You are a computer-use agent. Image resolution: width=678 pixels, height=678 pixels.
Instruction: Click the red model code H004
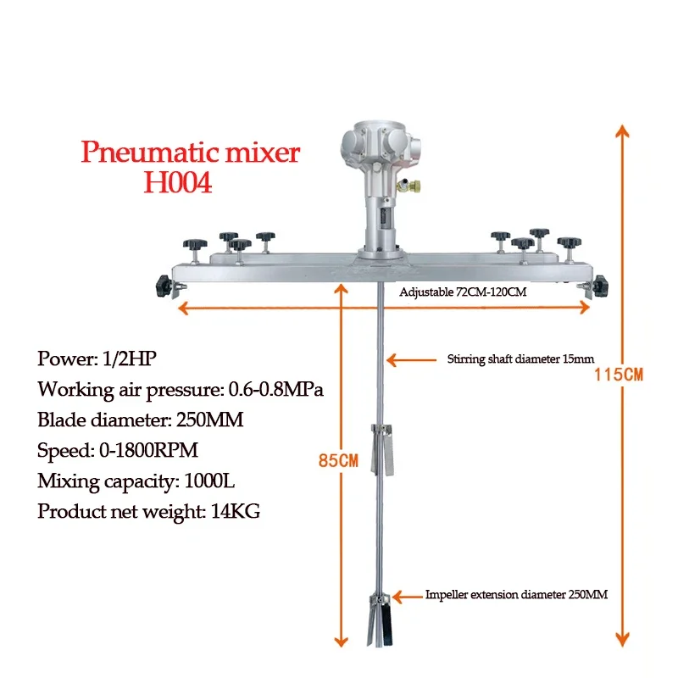pyautogui.click(x=177, y=183)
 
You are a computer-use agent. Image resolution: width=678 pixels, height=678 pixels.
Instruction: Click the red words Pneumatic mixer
pyautogui.click(x=191, y=153)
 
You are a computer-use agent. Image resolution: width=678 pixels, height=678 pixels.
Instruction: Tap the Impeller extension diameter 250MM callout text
pyautogui.click(x=515, y=595)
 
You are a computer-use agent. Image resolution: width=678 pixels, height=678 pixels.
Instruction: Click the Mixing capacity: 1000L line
pyautogui.click(x=136, y=482)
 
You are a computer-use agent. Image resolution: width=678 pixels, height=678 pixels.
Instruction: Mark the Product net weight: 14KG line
pyautogui.click(x=148, y=513)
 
